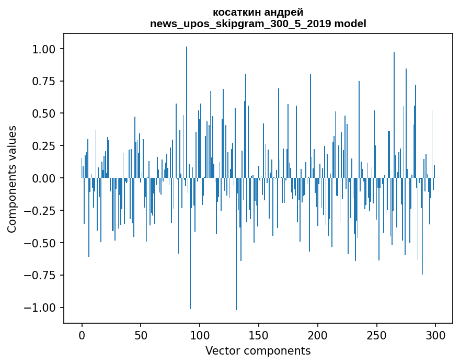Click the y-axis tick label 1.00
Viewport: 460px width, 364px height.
tap(44, 49)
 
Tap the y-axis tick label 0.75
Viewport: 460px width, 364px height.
tap(44, 81)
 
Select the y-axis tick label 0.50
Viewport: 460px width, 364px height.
tap(44, 113)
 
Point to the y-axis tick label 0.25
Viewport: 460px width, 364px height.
tap(44, 146)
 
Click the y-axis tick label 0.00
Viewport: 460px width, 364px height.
tap(44, 178)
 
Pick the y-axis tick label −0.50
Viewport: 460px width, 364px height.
tap(40, 243)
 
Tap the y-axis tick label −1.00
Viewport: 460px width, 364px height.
tap(40, 308)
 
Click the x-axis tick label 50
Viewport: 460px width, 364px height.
tap(141, 335)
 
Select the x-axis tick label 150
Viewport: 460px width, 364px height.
tap(258, 335)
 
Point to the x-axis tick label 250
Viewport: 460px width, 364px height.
tap(376, 335)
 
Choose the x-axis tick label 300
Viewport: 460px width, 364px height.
tap(435, 335)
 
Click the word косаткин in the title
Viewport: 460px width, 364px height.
tap(237, 13)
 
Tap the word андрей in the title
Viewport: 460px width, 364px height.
tap(284, 13)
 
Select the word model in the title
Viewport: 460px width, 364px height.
tap(350, 24)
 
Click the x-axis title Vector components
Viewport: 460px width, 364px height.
tap(258, 351)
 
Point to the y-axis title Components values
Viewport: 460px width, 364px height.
tap(11, 179)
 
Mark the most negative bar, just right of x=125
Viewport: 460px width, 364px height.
tap(236, 244)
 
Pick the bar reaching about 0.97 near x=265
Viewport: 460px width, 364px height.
tap(394, 115)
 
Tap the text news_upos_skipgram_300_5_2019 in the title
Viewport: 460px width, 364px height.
tap(240, 24)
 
